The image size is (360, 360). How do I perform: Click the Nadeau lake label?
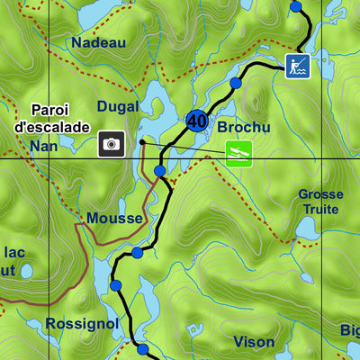pos(99,42)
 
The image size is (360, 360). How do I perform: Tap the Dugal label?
pos(118,106)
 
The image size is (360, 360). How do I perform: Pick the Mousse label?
pos(114,218)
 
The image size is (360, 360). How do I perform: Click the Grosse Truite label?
pos(320,202)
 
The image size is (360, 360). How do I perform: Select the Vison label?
pos(254,342)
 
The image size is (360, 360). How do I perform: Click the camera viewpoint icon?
pos(112,143)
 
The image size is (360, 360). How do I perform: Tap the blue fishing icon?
pos(298,65)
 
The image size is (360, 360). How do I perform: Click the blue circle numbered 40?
pos(197,120)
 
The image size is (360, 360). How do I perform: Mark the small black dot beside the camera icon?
pos(142,141)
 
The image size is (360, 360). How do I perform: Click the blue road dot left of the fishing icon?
pos(236,84)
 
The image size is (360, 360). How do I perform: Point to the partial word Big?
pos(350,330)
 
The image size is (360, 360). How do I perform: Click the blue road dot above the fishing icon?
pos(296,6)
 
